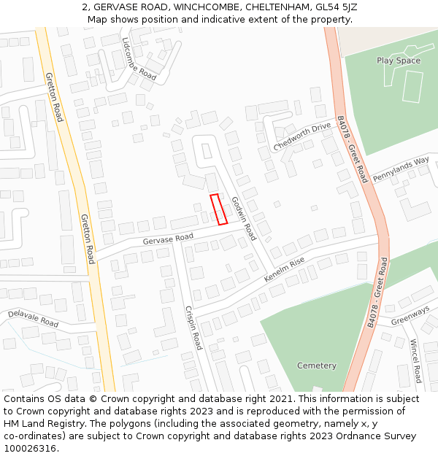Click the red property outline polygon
point(218,209)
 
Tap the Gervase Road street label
point(168,239)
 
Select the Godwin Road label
point(244,218)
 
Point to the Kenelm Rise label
point(284,271)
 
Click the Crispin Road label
point(193,328)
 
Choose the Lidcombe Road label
point(139,58)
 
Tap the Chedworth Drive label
point(302,136)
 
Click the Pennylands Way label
point(401,170)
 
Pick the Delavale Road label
point(33,318)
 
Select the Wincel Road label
point(415,361)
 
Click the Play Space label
point(399,61)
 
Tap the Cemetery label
point(317,366)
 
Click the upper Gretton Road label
point(54,97)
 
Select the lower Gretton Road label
point(88,239)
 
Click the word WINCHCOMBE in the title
point(207,7)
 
